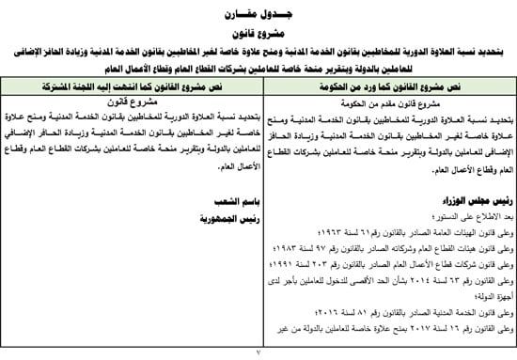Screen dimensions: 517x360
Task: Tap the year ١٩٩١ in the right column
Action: [x=290, y=262]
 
